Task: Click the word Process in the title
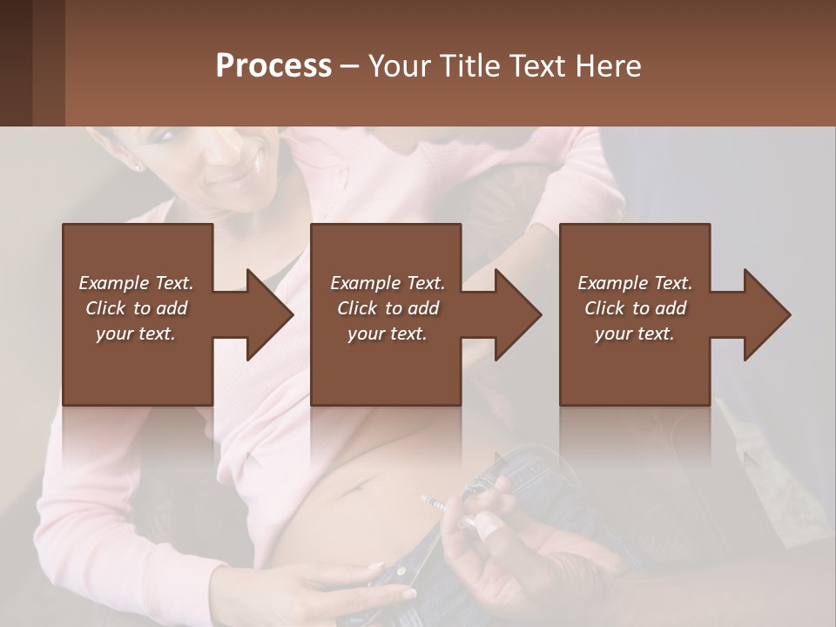273,66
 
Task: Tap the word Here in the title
607,66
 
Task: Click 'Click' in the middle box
357,308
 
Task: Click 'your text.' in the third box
634,334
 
